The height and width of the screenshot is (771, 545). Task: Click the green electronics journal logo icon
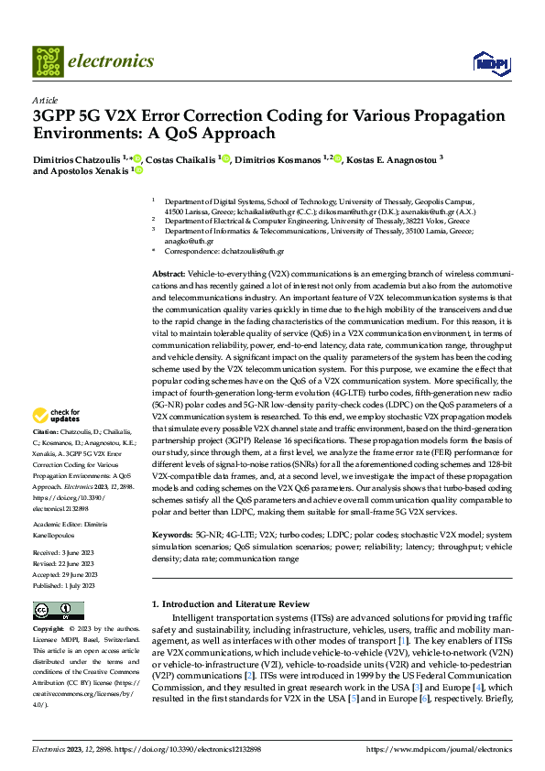pyautogui.click(x=49, y=61)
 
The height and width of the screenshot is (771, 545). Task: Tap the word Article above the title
pyautogui.click(x=45, y=100)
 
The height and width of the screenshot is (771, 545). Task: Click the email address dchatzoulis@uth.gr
pyautogui.click(x=253, y=250)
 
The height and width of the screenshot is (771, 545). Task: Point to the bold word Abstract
pyautogui.click(x=169, y=275)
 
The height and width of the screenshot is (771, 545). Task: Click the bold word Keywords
pyautogui.click(x=170, y=533)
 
